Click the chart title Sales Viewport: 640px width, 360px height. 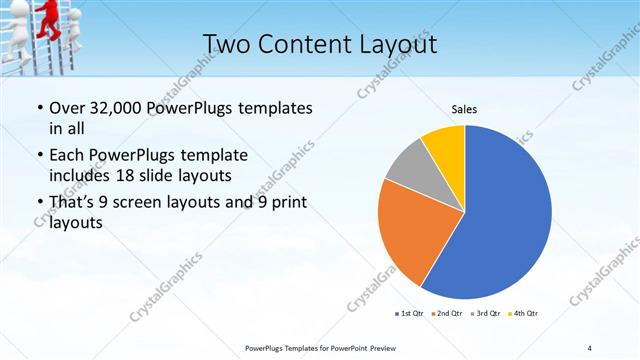click(x=464, y=108)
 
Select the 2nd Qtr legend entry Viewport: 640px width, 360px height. click(x=446, y=313)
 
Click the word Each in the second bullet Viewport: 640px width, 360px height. click(x=67, y=156)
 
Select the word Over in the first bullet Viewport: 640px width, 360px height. click(x=68, y=108)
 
